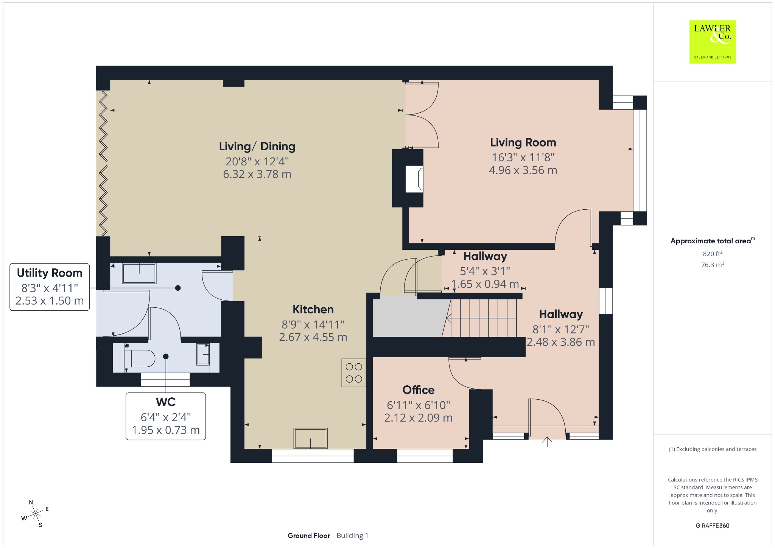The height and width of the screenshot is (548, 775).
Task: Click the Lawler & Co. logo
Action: click(712, 42)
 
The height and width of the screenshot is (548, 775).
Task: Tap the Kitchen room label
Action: click(313, 310)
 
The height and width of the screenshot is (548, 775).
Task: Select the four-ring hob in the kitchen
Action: click(354, 373)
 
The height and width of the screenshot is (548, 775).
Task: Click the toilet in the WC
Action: click(140, 358)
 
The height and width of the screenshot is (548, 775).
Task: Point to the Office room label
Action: click(418, 390)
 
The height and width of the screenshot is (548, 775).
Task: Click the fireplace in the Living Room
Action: click(414, 179)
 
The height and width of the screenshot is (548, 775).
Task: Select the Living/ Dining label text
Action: click(257, 146)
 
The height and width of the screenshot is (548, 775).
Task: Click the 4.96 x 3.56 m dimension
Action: click(523, 170)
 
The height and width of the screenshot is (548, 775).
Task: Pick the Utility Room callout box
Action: click(50, 287)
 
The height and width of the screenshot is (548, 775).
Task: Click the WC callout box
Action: click(166, 416)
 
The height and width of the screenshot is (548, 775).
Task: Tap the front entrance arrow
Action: click(547, 442)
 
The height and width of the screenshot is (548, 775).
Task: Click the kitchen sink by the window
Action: click(310, 438)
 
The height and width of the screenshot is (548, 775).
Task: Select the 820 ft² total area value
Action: click(713, 254)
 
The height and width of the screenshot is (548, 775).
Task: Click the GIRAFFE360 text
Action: click(713, 526)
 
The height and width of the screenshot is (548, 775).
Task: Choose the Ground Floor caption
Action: click(309, 536)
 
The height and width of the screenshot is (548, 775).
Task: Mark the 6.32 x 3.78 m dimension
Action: click(257, 174)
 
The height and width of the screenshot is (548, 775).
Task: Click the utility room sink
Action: click(139, 274)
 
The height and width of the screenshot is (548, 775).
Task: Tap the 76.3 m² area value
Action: click(713, 265)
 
